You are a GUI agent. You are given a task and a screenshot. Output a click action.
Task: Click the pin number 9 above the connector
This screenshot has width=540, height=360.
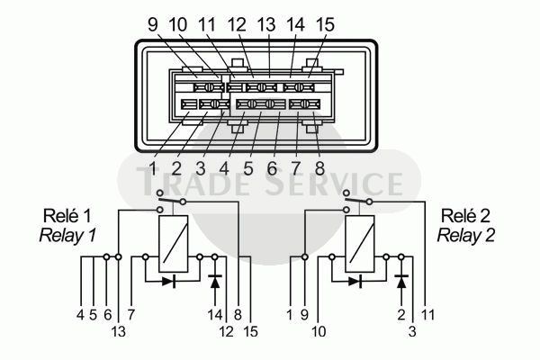tap(153, 24)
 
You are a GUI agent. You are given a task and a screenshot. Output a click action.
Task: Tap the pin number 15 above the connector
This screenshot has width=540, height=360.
tap(324, 24)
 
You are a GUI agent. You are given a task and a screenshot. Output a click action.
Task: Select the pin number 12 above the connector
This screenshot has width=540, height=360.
tap(237, 24)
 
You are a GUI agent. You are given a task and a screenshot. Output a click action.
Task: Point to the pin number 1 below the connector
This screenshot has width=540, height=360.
tap(153, 169)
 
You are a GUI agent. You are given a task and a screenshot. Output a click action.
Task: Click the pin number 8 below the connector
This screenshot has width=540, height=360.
tap(319, 169)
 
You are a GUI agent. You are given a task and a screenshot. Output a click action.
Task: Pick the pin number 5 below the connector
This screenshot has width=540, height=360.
tap(248, 169)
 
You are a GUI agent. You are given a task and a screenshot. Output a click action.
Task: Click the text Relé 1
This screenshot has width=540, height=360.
tap(67, 216)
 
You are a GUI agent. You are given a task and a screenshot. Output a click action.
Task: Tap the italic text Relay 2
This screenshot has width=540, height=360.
tap(465, 236)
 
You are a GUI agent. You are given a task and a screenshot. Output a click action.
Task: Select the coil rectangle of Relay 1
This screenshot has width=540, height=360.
tap(174, 244)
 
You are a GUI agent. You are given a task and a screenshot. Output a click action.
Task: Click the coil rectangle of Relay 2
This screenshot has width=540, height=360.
tap(360, 244)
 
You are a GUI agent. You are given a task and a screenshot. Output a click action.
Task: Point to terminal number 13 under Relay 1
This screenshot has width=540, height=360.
tap(119, 332)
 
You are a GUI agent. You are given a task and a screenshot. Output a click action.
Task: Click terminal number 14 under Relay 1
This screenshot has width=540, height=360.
tap(215, 314)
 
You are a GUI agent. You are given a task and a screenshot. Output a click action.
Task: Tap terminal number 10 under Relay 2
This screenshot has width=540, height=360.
tap(319, 332)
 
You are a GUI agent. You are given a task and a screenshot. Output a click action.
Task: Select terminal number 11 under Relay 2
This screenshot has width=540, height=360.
tap(427, 314)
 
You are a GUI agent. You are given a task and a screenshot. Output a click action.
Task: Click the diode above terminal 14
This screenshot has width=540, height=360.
tap(215, 281)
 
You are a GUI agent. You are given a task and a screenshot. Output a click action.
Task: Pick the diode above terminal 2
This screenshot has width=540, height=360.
tap(401, 281)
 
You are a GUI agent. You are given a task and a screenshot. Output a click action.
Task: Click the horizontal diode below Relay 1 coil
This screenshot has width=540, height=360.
tap(169, 282)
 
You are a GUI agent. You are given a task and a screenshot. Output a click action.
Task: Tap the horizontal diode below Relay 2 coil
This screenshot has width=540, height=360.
tap(355, 282)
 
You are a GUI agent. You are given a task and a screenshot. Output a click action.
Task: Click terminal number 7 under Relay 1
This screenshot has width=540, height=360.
tap(131, 314)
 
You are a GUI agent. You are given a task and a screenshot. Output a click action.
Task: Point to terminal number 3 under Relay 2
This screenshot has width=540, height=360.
tap(412, 332)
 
